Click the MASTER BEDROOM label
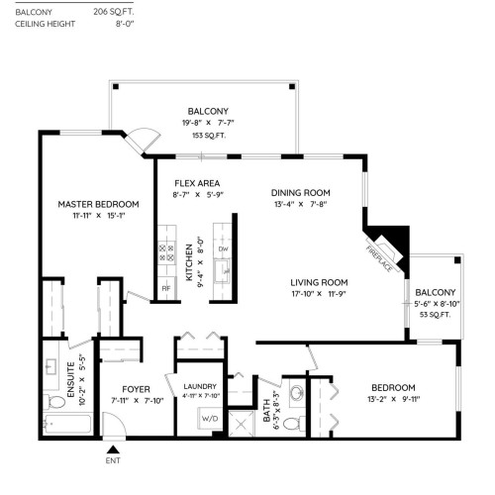98,204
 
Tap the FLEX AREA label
197,183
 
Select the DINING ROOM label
301,192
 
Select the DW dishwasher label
223,248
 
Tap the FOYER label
136,388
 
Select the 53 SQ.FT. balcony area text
435,315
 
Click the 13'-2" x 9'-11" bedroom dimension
394,400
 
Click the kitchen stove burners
165,255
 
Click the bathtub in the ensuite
66,426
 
